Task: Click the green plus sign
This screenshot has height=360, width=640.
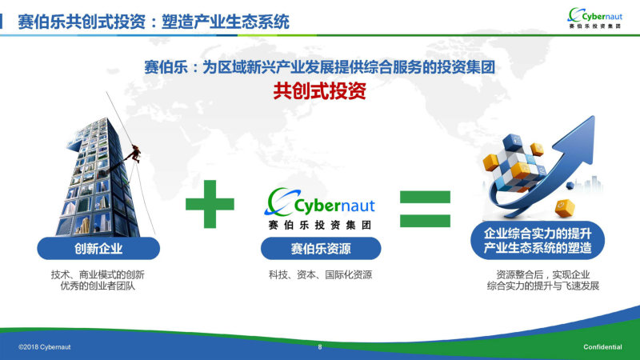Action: pyautogui.click(x=210, y=204)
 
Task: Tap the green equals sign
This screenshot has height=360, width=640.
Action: pyautogui.click(x=425, y=209)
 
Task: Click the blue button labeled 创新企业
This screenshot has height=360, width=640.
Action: pyautogui.click(x=98, y=248)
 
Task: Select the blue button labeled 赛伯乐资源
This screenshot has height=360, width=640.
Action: pyautogui.click(x=321, y=249)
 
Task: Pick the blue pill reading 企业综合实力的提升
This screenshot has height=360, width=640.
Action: pyautogui.click(x=538, y=241)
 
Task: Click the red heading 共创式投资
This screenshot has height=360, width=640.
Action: pyautogui.click(x=319, y=91)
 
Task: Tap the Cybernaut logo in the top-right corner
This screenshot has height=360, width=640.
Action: pyautogui.click(x=595, y=18)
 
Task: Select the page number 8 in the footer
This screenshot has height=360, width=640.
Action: pyautogui.click(x=320, y=347)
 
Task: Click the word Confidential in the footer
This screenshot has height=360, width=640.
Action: pyautogui.click(x=602, y=347)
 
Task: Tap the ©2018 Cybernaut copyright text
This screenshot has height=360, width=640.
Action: pyautogui.click(x=45, y=347)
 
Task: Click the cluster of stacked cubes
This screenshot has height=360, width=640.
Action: pyautogui.click(x=514, y=162)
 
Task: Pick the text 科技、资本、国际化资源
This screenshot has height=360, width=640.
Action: pyautogui.click(x=321, y=274)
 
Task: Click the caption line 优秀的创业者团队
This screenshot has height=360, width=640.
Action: pyautogui.click(x=98, y=286)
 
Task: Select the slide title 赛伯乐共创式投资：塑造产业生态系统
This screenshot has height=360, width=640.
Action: pyautogui.click(x=154, y=22)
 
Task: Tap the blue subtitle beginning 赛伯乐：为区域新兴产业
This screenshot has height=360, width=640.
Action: pyautogui.click(x=319, y=67)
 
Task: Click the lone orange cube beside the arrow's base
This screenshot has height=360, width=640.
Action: pyautogui.click(x=565, y=207)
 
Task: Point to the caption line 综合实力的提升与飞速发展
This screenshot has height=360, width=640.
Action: pyautogui.click(x=543, y=286)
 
